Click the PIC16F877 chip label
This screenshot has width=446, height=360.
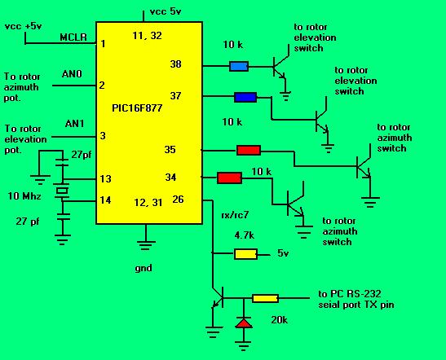[137, 108]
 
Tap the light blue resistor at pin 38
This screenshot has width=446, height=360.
[239, 66]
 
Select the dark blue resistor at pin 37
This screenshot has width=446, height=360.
[245, 97]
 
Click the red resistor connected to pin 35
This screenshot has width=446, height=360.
[249, 151]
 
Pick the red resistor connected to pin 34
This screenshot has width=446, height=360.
[230, 178]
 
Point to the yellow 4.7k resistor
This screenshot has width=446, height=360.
[245, 254]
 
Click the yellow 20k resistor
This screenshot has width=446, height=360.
[265, 298]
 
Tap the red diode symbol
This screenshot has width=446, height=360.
[244, 323]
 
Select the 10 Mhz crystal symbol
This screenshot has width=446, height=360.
[62, 191]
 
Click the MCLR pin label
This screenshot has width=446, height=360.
[73, 37]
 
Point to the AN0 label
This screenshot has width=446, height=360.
[72, 74]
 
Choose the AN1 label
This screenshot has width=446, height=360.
[74, 124]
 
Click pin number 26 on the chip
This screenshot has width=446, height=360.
[178, 200]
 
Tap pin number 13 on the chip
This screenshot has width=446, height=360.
[105, 179]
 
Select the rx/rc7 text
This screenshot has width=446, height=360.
[235, 215]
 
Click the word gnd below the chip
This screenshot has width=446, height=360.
[144, 268]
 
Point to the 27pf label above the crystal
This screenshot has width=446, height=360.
[82, 155]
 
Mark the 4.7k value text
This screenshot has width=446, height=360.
[245, 235]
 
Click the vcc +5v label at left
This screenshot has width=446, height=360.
[24, 26]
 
